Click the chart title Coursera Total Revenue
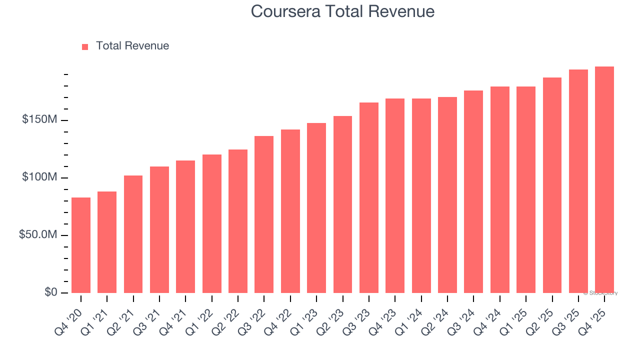click(x=342, y=11)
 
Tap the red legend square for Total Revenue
click(x=85, y=46)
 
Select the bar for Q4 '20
click(x=81, y=245)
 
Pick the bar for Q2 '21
click(x=133, y=234)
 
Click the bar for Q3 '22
click(x=264, y=214)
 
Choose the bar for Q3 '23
click(x=368, y=197)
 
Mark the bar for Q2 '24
click(x=447, y=195)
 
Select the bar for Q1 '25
click(x=525, y=189)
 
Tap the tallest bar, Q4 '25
click(x=604, y=179)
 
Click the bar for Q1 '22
click(x=211, y=223)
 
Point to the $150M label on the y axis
click(x=39, y=120)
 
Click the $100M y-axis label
click(x=39, y=178)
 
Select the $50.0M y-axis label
click(x=38, y=235)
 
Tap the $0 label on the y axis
click(x=49, y=292)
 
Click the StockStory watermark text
click(x=600, y=293)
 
